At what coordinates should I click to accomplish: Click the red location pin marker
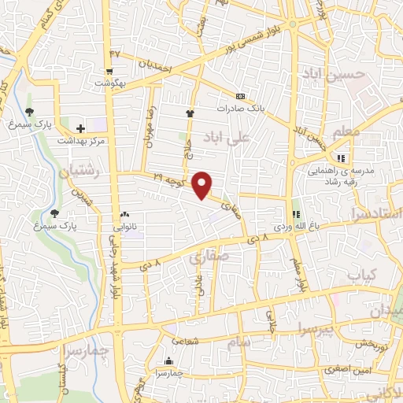point(204,185)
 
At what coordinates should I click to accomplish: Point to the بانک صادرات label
point(238,109)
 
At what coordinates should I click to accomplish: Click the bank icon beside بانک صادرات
point(240,97)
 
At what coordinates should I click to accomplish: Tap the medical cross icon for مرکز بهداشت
point(80,128)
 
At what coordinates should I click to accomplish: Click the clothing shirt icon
point(189,113)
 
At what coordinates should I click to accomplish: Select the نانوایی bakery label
point(125,227)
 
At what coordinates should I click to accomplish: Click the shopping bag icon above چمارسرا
point(168,361)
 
